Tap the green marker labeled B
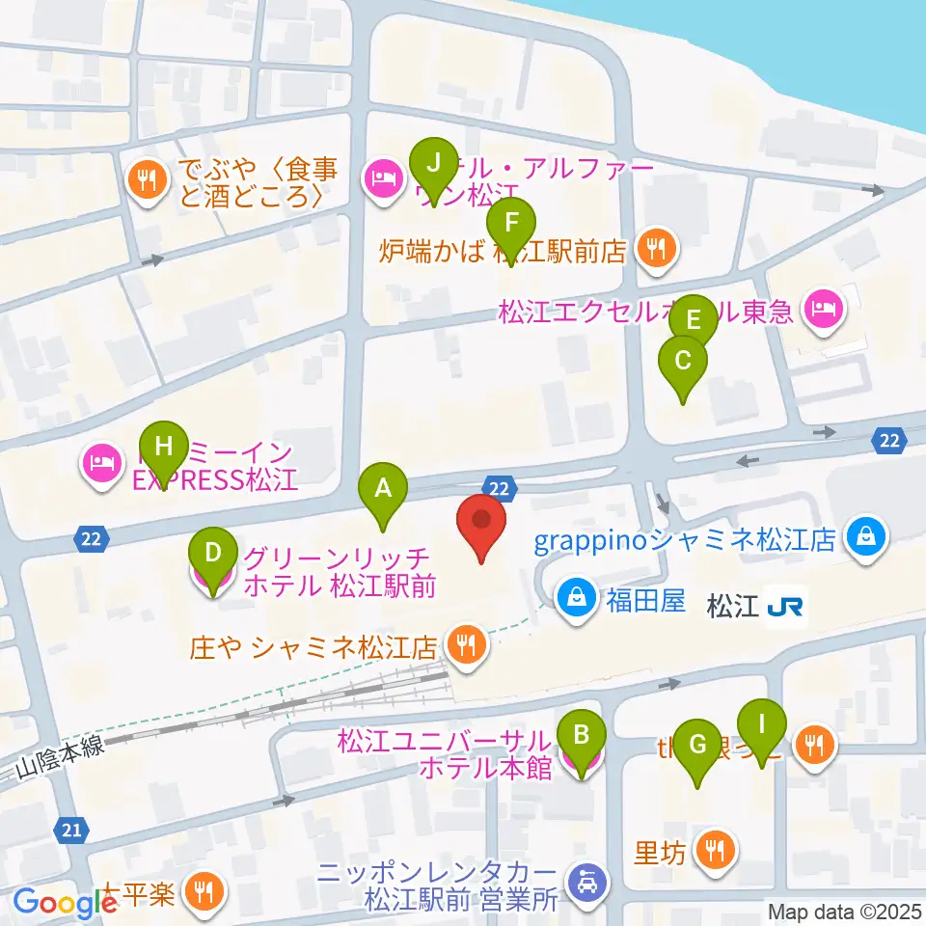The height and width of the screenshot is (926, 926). pos(581,736)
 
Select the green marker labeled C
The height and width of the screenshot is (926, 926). pos(682,363)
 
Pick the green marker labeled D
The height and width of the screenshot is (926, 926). pos(213,554)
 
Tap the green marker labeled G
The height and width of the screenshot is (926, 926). pos(696,745)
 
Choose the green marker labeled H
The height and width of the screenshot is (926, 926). pos(163,448)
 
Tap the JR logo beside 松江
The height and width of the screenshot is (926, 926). pos(787,607)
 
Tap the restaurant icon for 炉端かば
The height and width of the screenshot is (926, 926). pos(656,250)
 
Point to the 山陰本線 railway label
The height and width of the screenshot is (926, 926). pos(60,766)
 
